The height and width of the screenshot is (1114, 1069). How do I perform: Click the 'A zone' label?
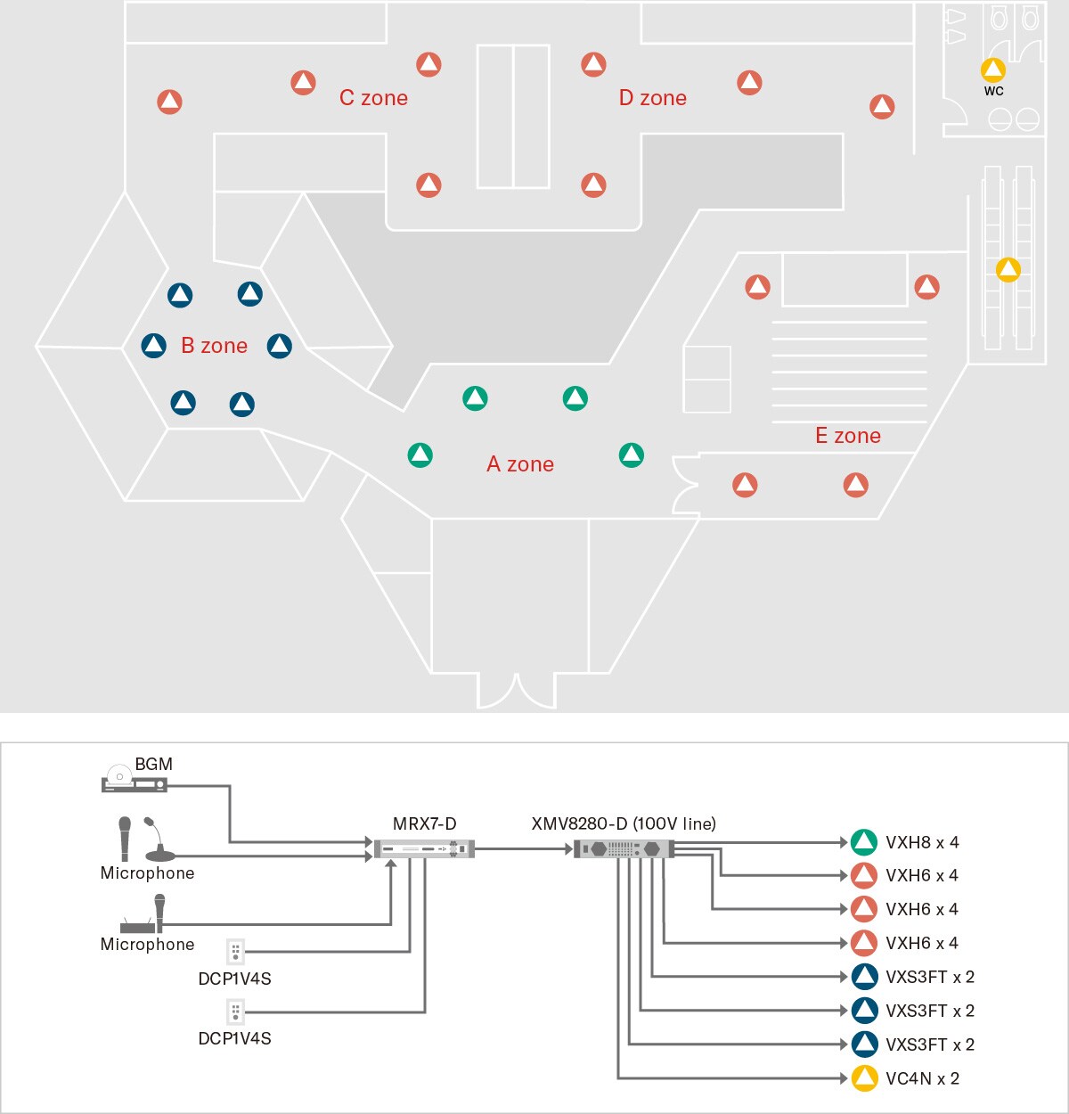coord(520,464)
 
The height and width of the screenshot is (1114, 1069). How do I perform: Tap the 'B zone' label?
coord(214,346)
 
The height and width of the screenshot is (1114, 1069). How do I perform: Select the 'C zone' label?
coord(373,98)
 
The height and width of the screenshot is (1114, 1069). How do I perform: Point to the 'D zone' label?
coord(653,98)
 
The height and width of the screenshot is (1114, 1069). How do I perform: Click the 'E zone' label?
coord(848,436)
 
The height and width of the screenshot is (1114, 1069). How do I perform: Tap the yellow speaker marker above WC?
coord(993,70)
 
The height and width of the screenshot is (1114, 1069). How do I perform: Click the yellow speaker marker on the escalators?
coord(1008,269)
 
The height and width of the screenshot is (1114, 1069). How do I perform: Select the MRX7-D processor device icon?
coord(424,849)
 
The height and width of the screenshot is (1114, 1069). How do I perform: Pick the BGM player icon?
coord(134,782)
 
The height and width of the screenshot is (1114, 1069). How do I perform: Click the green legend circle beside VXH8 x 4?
coord(864,842)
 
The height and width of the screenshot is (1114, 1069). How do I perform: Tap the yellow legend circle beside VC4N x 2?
coord(864,1078)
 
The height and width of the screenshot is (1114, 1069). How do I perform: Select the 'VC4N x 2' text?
coord(922,1078)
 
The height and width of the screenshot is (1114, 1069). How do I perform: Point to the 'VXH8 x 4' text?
coord(922,842)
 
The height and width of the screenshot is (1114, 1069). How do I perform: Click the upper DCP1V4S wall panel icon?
coord(235,951)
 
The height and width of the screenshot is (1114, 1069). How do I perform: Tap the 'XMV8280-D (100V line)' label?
coord(624,823)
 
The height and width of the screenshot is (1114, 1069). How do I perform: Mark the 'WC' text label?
coord(993,91)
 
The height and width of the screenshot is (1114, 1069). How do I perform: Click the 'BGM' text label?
coord(153,764)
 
